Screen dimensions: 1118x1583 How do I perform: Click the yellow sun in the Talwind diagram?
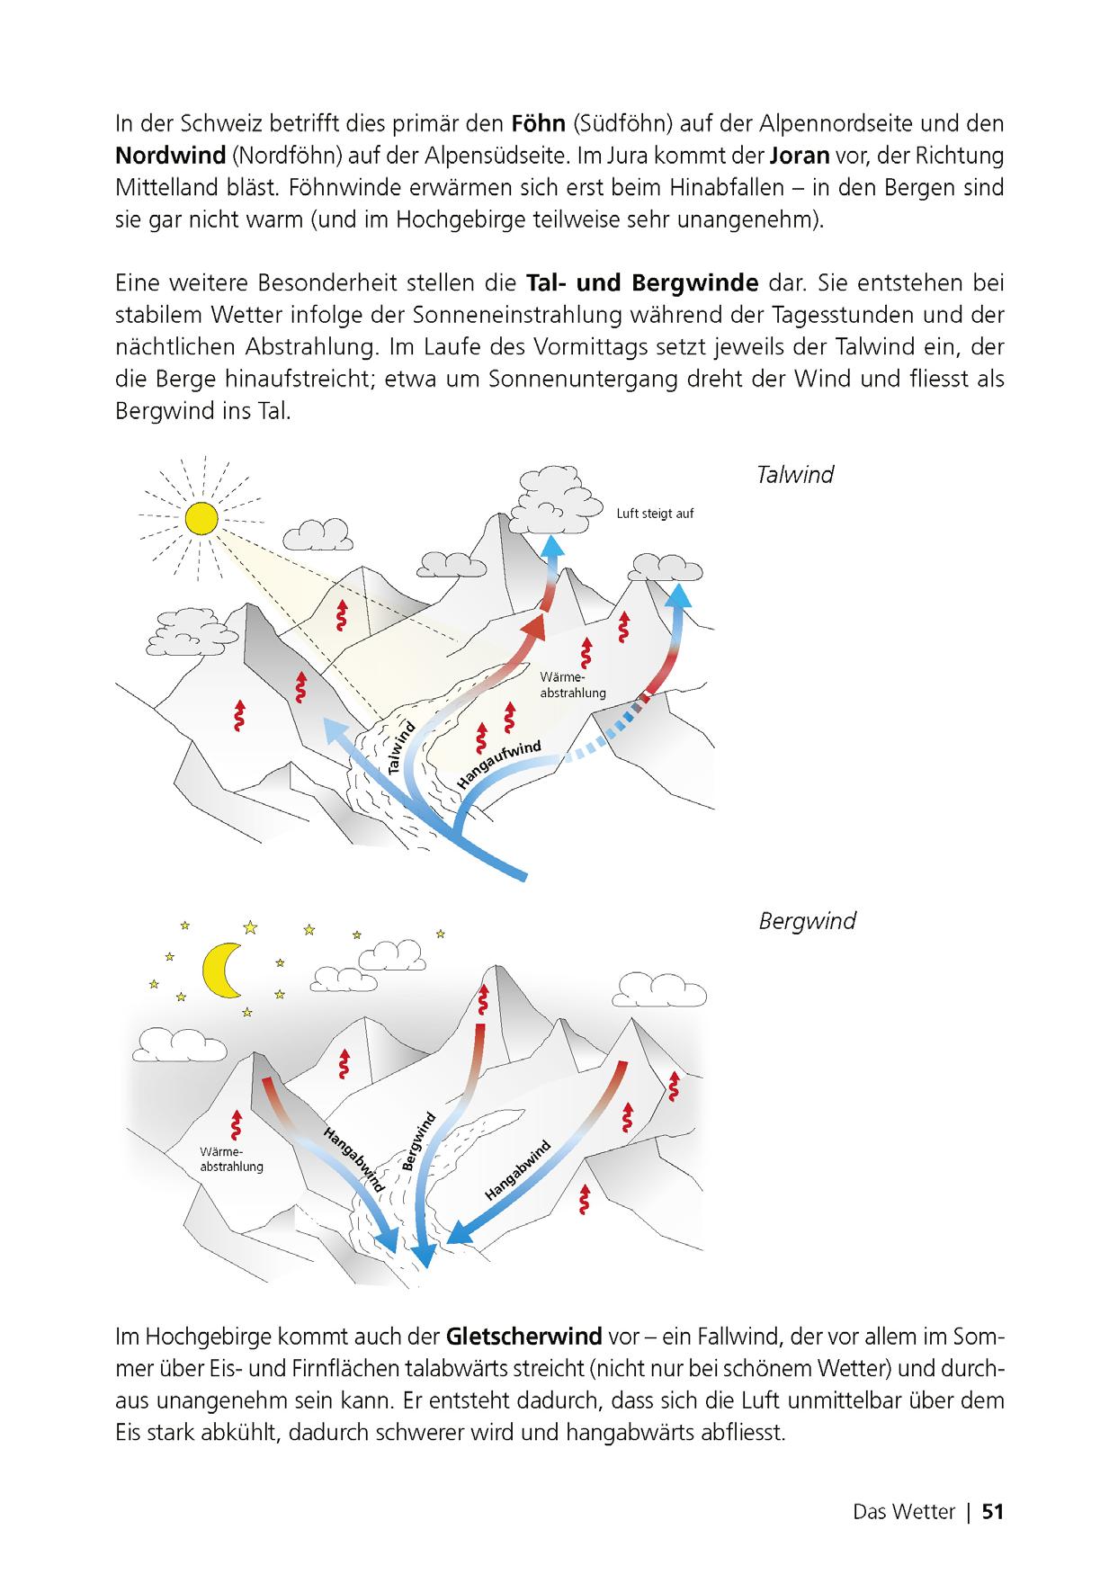[x=201, y=518]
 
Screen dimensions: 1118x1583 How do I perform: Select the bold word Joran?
[x=800, y=156]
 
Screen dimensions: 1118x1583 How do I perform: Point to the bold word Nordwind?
[x=170, y=156]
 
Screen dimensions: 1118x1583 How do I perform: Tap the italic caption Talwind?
[x=795, y=475]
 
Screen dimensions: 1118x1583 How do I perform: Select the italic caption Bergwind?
[x=807, y=921]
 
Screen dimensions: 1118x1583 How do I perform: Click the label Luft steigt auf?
[x=655, y=514]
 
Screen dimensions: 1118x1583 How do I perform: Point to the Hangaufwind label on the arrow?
[x=500, y=765]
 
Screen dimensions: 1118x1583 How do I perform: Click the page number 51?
[x=992, y=1512]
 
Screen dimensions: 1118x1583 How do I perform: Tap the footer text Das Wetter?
[x=903, y=1512]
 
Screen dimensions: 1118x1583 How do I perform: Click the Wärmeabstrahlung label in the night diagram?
[x=232, y=1159]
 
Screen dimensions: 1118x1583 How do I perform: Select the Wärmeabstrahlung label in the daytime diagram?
[x=573, y=684]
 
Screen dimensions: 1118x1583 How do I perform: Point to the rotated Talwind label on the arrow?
[x=403, y=747]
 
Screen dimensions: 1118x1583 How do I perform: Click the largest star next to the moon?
[x=250, y=926]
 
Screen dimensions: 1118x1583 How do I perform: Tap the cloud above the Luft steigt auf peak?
[x=550, y=490]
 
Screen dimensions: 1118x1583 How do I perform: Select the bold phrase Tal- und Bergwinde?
[x=642, y=283]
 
